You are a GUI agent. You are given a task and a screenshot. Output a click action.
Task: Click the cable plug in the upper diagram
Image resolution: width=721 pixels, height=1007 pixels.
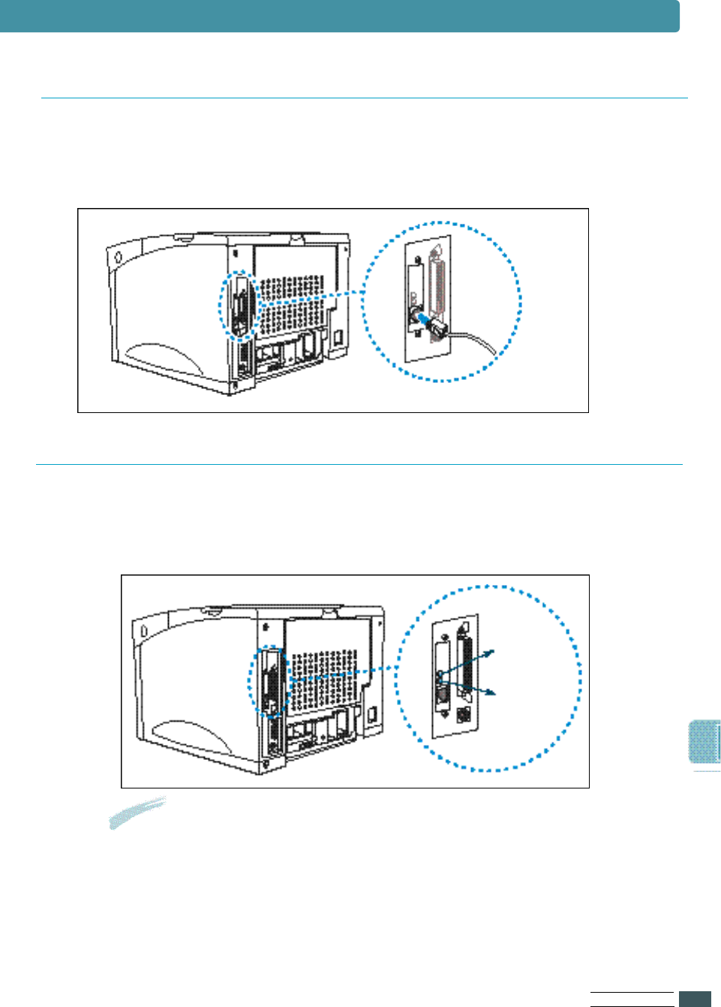pyautogui.click(x=434, y=326)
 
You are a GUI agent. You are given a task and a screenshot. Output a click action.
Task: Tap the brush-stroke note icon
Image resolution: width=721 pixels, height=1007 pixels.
pyautogui.click(x=137, y=812)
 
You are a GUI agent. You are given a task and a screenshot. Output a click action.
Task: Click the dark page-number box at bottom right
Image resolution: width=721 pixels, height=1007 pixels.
pyautogui.click(x=695, y=999)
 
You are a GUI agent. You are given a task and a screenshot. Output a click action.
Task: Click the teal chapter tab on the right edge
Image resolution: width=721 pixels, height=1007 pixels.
pyautogui.click(x=704, y=742)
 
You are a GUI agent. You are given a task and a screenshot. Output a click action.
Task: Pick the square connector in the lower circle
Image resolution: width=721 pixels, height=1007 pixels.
pyautogui.click(x=464, y=714)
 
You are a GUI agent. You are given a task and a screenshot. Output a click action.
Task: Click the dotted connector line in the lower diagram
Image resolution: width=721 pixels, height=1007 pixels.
pyautogui.click(x=341, y=673)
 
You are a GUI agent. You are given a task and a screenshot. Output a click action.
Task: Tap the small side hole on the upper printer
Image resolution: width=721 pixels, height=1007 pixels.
pyautogui.click(x=119, y=258)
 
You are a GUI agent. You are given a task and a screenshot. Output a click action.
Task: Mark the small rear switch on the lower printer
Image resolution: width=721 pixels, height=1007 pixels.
pyautogui.click(x=371, y=713)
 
